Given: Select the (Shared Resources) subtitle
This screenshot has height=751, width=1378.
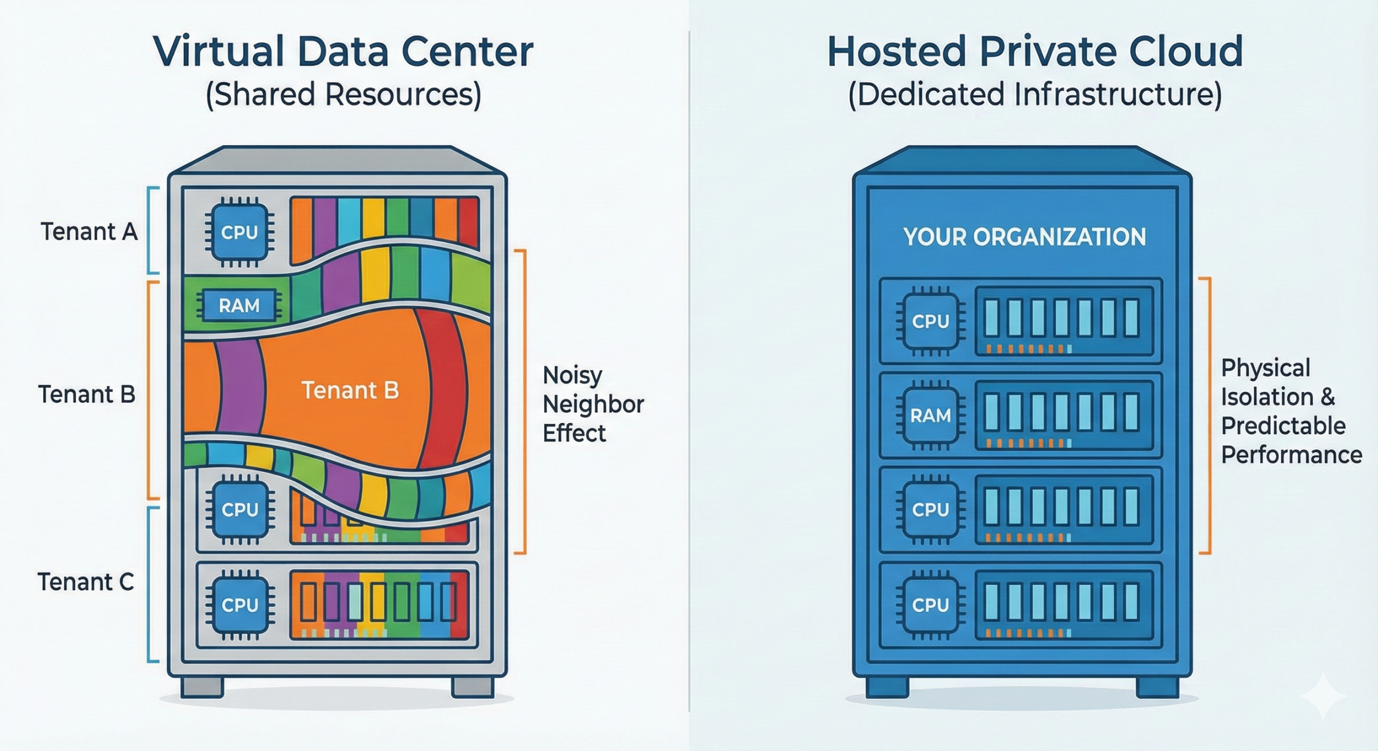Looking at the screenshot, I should pos(343,95).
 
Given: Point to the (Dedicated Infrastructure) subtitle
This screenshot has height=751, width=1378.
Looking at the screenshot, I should pos(1035,95).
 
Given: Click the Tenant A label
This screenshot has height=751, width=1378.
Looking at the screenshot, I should pos(89,232).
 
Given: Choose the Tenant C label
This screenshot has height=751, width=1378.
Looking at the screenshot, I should pos(86,582).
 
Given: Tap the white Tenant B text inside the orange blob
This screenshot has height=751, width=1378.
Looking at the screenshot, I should pos(350,390).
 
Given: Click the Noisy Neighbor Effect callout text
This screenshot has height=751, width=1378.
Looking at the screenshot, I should pos(592,403).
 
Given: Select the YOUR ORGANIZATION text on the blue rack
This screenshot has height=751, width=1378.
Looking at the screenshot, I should pos(1024,237).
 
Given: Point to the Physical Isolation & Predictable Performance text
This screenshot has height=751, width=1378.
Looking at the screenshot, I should pos(1290,412).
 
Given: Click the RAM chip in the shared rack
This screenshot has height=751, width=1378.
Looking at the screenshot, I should pos(239,306).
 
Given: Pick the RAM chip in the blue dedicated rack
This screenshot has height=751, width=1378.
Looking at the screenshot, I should pos(930,415).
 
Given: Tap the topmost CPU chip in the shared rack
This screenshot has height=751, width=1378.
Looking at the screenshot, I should pos(240,232).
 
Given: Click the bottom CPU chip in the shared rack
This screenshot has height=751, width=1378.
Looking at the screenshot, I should pos(240,605).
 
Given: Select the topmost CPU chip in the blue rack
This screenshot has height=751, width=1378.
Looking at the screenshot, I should pos(930,322).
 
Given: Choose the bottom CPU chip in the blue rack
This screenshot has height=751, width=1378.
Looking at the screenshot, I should pos(930,605).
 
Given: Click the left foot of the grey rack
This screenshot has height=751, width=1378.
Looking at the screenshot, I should pos(202,686).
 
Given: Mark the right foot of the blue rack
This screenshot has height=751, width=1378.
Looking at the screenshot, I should pos(1157,686).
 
